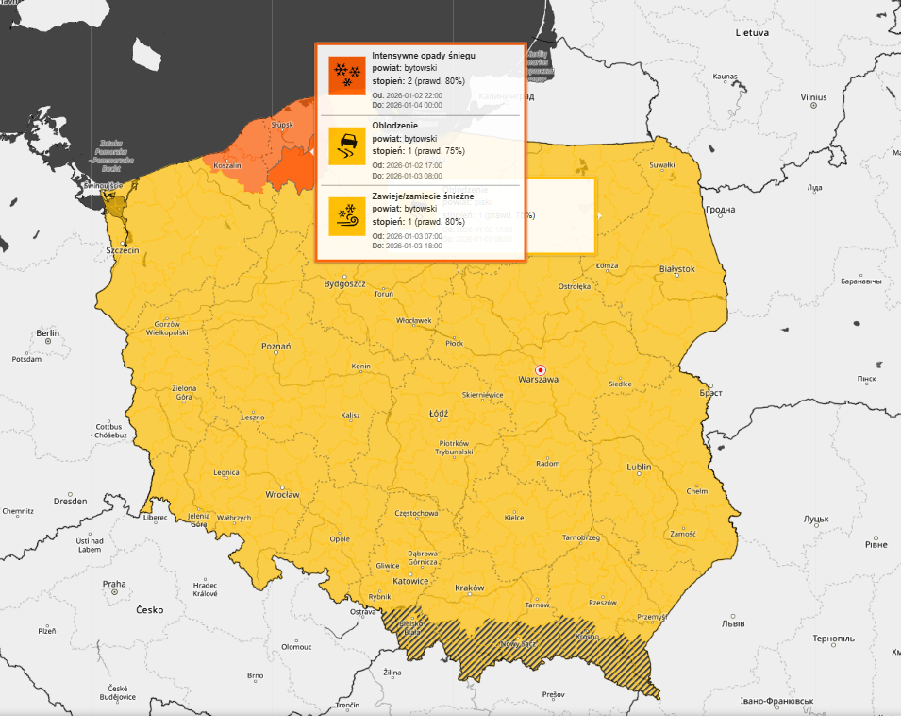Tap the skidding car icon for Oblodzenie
tap(346, 146)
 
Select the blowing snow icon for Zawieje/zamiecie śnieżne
tap(346, 216)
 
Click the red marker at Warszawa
tap(540, 369)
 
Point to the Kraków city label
tap(469, 588)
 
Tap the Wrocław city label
tap(281, 494)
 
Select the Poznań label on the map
tap(276, 347)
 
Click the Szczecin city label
tap(123, 250)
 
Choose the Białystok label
tap(676, 269)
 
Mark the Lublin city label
tap(640, 468)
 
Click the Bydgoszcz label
tap(344, 283)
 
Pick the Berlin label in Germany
tap(47, 333)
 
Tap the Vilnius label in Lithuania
tap(813, 97)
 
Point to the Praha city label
tap(114, 584)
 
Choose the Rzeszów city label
tap(601, 603)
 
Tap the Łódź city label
tap(438, 413)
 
